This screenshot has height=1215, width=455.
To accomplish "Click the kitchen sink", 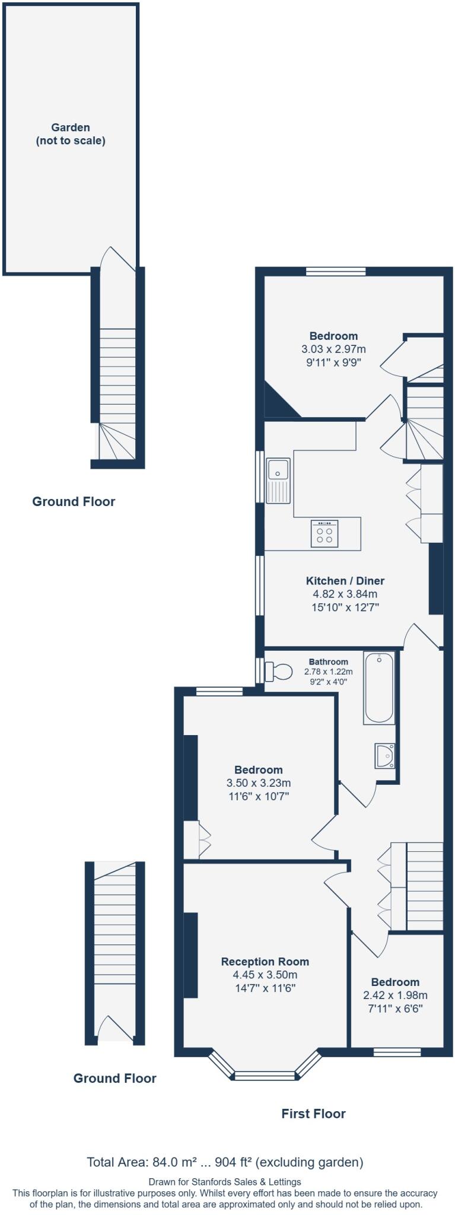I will click(x=278, y=480).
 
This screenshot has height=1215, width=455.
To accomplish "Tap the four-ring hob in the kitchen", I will click(x=324, y=533).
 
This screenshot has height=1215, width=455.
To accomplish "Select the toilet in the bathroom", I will click(x=279, y=672).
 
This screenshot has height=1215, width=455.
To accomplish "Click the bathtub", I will click(x=378, y=688).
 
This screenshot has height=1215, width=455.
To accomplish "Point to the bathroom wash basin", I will click(x=384, y=756).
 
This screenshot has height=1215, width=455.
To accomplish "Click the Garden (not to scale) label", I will click(x=71, y=134).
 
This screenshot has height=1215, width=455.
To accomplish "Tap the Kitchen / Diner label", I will click(x=345, y=581).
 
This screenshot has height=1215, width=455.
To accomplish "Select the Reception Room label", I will click(x=265, y=961).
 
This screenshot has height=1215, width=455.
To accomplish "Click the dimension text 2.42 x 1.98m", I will click(x=395, y=995).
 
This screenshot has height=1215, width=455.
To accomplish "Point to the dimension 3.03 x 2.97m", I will click(x=333, y=349).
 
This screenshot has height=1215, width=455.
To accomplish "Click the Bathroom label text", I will click(x=328, y=661).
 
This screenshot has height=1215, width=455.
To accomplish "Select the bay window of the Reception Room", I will click(x=265, y=1074).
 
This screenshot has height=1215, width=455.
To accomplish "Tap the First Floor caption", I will click(x=313, y=1114).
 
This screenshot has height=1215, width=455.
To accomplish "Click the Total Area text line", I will click(x=225, y=1162).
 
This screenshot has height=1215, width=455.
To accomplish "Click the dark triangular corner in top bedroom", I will click(x=278, y=403).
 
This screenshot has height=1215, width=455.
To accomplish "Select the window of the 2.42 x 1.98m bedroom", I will click(x=397, y=1052).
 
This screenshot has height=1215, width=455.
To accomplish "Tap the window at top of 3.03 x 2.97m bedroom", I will click(x=336, y=272).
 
